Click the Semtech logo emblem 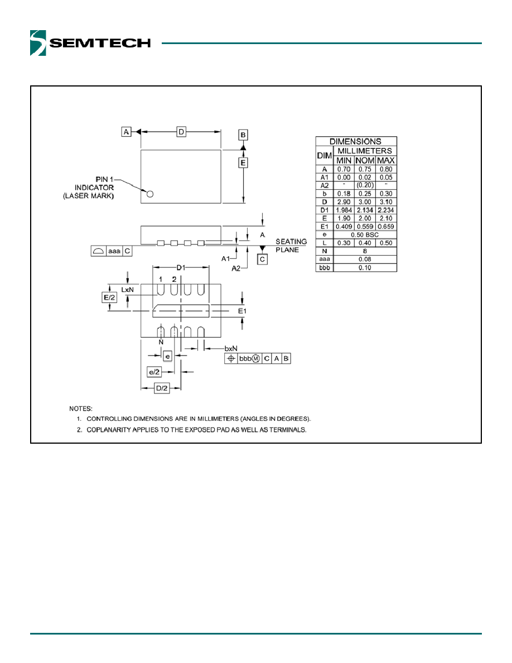(38, 43)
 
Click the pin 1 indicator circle (149, 194)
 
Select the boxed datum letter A (126, 132)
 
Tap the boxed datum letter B (243, 135)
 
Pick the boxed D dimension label (181, 132)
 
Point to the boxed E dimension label (243, 163)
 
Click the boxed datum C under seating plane (262, 259)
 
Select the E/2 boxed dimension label (109, 297)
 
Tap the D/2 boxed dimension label (162, 388)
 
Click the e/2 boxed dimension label (154, 372)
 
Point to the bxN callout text (231, 348)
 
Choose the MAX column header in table (386, 161)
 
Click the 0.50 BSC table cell (365, 234)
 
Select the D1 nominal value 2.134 (365, 210)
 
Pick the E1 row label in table (325, 227)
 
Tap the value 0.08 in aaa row (365, 259)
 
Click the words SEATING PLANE (291, 246)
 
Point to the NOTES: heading (81, 409)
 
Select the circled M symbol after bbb (256, 358)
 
